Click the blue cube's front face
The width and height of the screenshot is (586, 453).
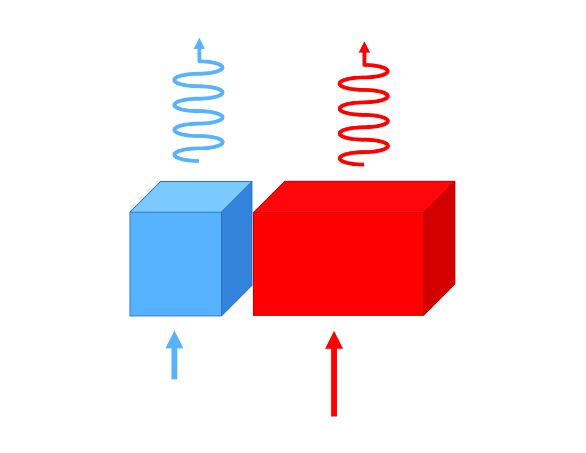coord(176,264)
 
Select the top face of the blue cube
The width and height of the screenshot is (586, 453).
coord(191,197)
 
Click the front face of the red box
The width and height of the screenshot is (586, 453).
coord(338,264)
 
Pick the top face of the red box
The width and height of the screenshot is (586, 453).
coord(354,197)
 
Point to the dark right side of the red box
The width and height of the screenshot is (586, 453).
coord(439,248)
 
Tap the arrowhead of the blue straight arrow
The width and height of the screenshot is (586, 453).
coord(174,340)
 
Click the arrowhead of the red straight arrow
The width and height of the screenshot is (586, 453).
coord(334,341)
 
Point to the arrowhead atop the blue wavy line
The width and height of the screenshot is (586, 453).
coord(199,44)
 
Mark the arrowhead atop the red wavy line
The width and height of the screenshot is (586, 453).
coord(364,47)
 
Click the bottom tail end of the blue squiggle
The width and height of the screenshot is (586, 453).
coord(197,160)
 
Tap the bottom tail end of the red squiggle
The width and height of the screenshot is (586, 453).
coord(362,164)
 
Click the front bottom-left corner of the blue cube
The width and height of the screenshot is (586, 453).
coord(130,316)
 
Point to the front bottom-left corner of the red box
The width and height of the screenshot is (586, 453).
coord(254,316)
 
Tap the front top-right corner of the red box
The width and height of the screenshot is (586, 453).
coord(424,213)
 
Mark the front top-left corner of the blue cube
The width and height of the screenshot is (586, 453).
coord(130,212)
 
